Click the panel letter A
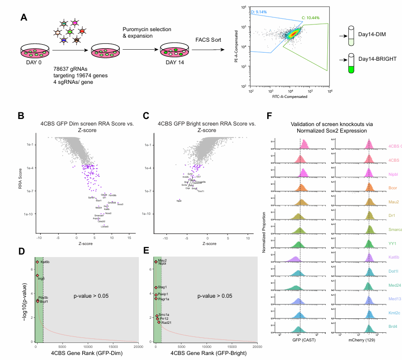pyautogui.click(x=24, y=18)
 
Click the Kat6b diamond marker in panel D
pyautogui.click(x=37, y=262)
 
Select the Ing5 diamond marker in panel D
pyautogui.click(x=37, y=276)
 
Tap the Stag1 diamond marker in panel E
pyautogui.click(x=156, y=287)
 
